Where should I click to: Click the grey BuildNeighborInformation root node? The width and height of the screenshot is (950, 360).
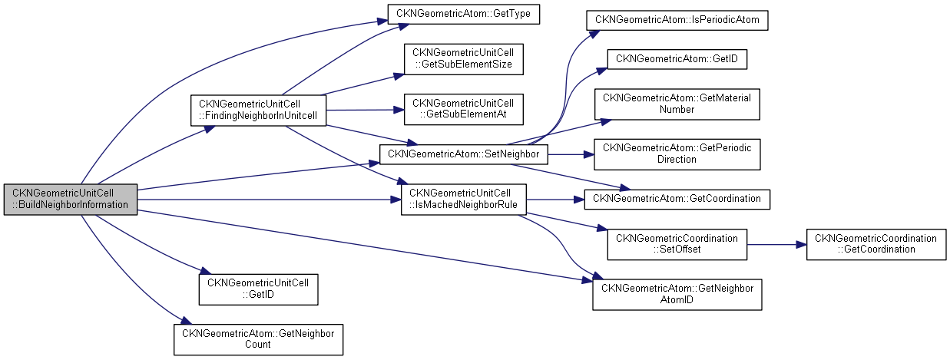pos(71,199)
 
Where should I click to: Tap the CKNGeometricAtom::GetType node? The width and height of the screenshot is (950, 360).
pos(464,14)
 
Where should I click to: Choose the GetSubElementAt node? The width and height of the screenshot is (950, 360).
pos(463,109)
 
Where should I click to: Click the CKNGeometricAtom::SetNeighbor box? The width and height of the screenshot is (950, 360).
pos(463,154)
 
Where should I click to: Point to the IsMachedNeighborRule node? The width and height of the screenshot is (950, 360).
pos(463,199)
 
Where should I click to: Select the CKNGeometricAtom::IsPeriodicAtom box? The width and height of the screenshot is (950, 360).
pos(677,20)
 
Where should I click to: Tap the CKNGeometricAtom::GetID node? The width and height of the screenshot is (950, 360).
pos(677,58)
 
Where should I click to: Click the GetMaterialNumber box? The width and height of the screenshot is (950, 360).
pos(677,104)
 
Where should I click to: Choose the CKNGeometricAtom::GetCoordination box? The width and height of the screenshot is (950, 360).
pos(677,199)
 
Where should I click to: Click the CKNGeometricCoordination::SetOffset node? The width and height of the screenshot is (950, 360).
pos(677,244)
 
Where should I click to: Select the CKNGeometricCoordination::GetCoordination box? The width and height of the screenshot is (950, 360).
pos(876,244)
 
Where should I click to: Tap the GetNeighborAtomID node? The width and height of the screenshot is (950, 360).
pos(677,294)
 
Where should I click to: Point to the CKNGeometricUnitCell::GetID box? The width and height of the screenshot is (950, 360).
pos(258,289)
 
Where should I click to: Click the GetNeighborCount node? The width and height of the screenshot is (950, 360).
pos(258,339)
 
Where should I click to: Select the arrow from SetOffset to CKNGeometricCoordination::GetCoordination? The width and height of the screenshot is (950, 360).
pos(776,244)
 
